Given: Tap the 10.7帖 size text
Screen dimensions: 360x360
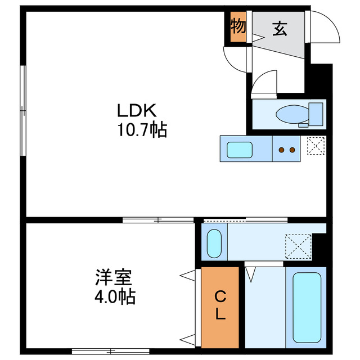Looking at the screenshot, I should (x=141, y=130).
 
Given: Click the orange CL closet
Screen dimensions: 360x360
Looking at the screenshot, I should (x=220, y=306).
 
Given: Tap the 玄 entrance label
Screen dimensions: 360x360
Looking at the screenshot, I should (x=280, y=28).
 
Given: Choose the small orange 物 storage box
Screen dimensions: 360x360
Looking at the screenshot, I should (x=237, y=26).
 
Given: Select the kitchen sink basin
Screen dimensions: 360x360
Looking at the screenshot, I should (x=240, y=150).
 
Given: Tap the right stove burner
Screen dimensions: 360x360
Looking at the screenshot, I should (x=292, y=150).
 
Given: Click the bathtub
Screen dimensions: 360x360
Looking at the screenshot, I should (x=306, y=307).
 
